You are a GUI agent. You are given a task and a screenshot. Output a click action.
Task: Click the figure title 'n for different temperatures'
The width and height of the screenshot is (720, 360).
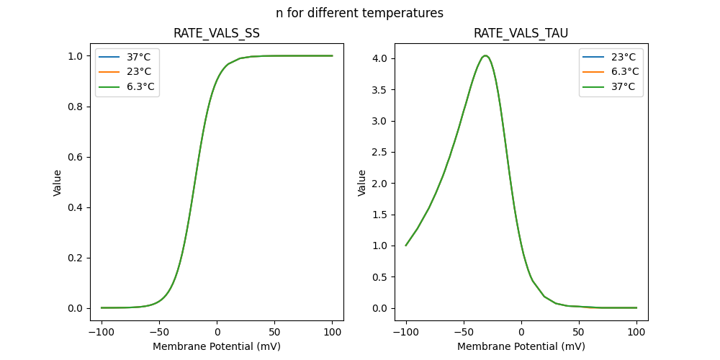pos(359,13)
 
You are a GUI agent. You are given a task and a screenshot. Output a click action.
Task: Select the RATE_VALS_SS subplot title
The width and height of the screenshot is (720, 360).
pos(217,33)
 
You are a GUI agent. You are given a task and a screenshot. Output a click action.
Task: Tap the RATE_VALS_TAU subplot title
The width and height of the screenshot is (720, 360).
pos(521,33)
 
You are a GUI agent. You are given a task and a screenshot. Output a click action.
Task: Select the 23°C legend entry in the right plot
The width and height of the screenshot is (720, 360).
pos(624,56)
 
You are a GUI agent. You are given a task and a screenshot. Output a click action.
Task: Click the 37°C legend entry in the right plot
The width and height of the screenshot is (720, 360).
pos(624,87)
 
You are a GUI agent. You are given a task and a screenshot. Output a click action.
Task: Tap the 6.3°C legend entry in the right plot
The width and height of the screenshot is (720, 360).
pos(625,71)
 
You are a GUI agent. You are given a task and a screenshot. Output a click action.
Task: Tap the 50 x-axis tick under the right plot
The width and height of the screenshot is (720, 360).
pos(579,332)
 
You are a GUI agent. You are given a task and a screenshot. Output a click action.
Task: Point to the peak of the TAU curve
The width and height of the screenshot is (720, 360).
pos(486,55)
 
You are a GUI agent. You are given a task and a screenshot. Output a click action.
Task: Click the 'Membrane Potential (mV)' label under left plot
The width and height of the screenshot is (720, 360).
pos(217,346)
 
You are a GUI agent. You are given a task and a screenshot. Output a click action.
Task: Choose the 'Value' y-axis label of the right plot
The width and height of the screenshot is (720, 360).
pos(362,182)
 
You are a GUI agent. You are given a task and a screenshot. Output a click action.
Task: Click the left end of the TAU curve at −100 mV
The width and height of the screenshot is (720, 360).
pos(406,246)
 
